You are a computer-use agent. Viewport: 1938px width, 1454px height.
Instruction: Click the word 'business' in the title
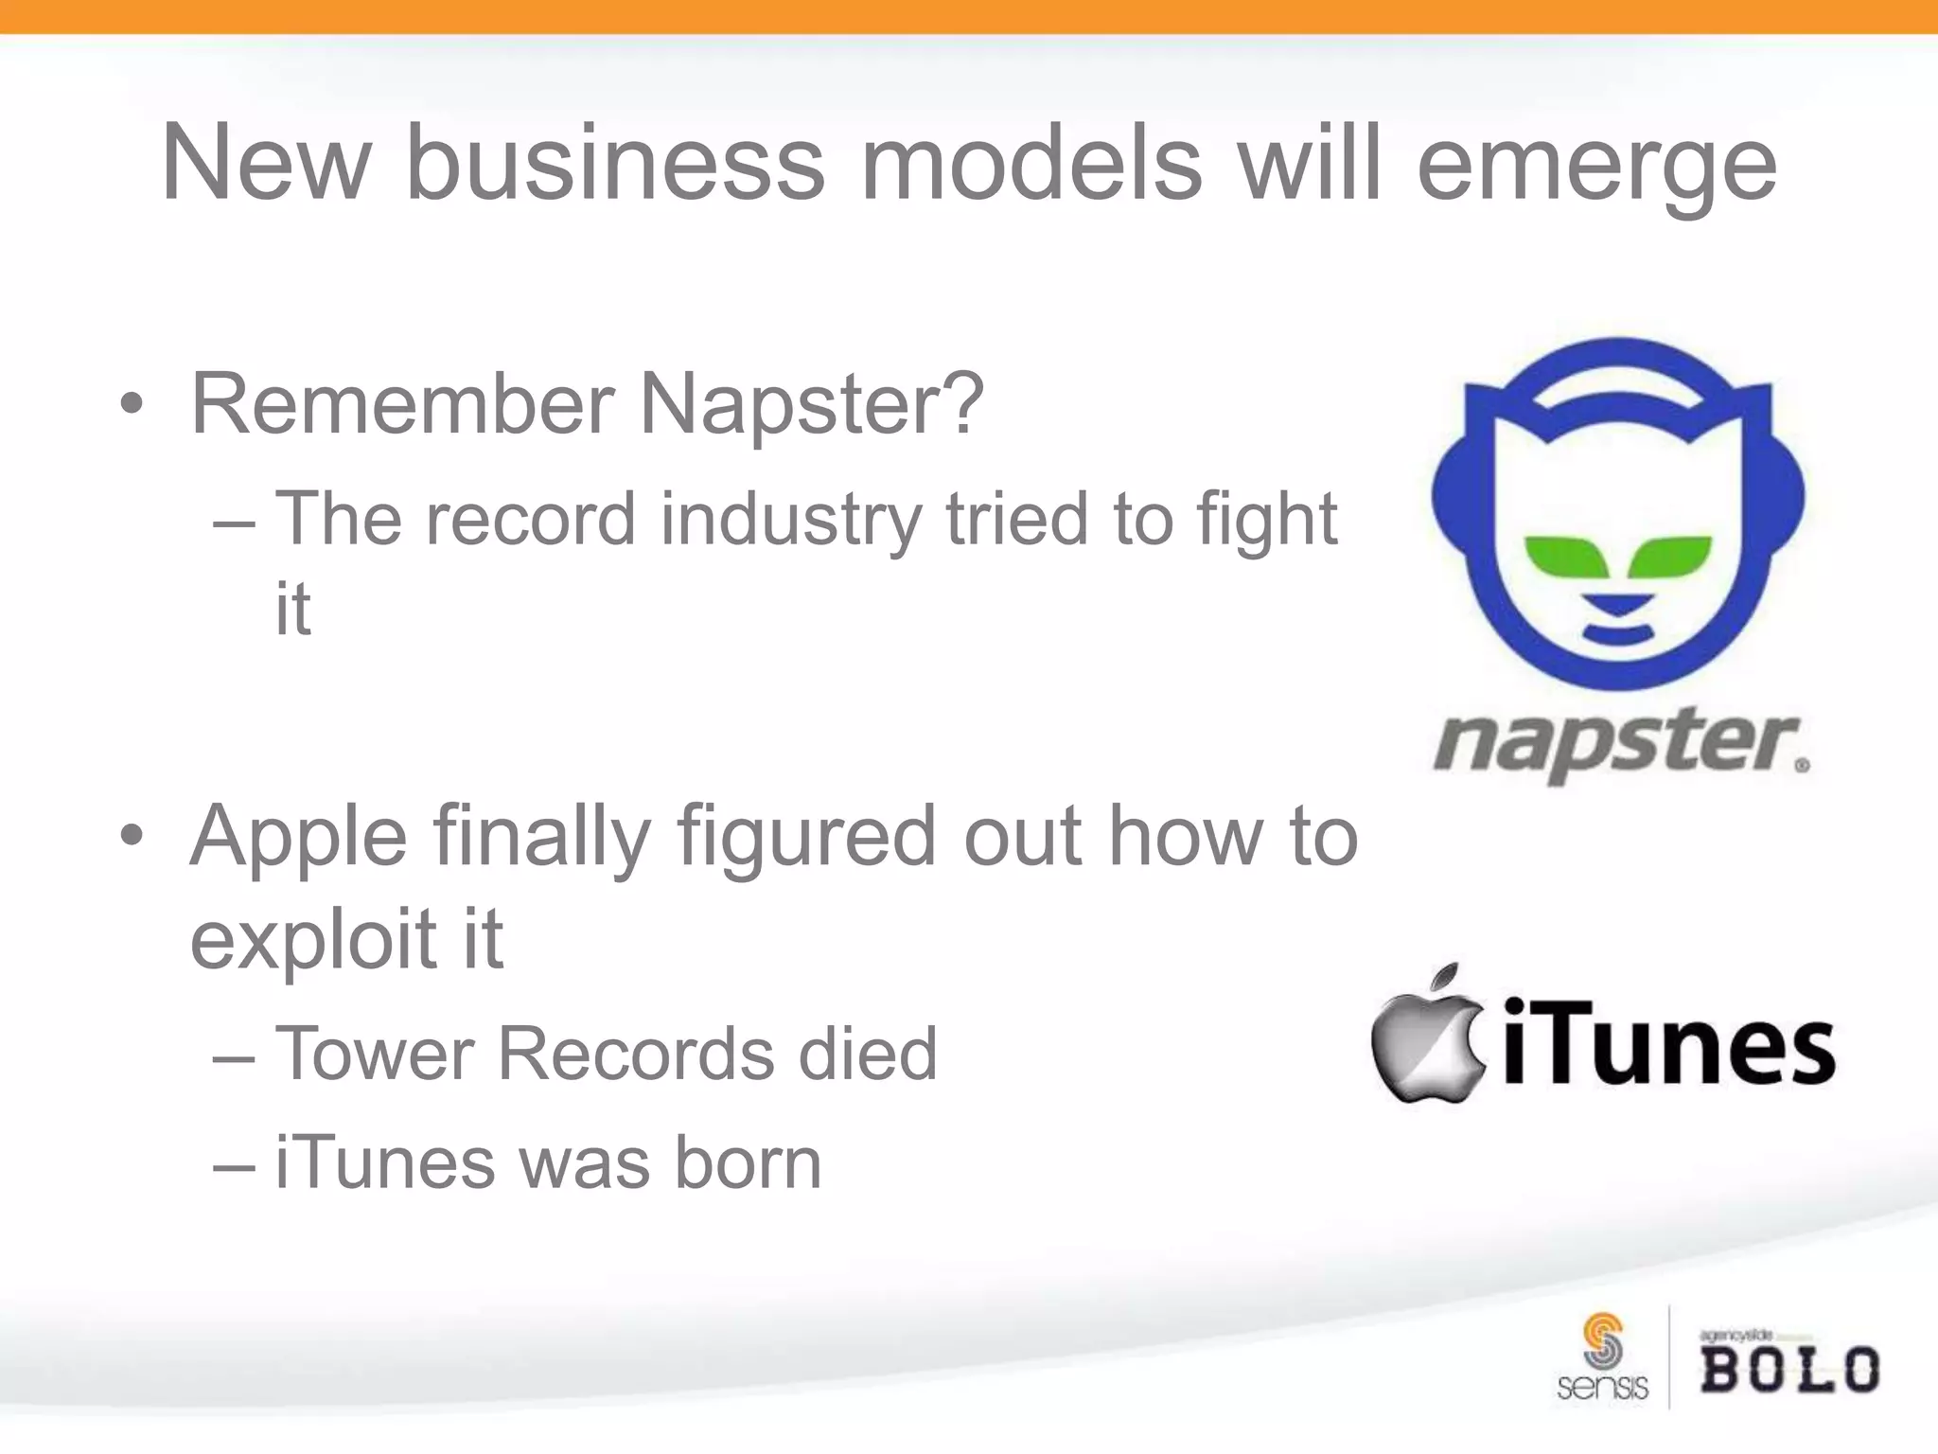coord(615,163)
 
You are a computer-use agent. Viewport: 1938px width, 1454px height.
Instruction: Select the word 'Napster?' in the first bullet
coord(812,405)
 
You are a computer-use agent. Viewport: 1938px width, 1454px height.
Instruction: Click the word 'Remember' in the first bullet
coord(402,405)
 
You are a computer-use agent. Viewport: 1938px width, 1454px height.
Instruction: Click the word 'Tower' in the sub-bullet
coord(374,1054)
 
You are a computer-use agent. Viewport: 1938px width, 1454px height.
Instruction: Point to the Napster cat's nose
coord(1617,603)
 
